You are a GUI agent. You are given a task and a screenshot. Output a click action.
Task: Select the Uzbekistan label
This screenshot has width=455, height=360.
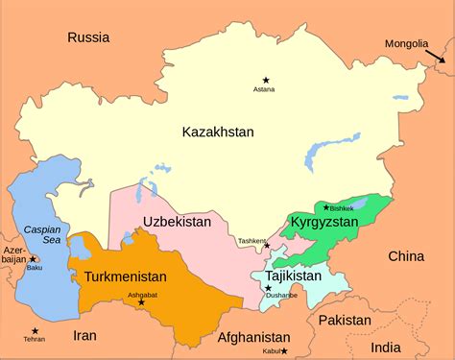coord(177,222)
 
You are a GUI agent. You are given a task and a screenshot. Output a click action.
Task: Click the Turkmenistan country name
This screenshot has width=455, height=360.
coord(126,276)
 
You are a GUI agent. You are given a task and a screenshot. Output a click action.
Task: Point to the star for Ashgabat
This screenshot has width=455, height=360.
coord(141,302)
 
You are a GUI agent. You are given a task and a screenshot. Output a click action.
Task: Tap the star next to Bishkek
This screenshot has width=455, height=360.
coord(326,207)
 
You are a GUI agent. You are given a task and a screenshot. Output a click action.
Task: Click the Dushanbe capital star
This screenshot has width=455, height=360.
coord(268,288)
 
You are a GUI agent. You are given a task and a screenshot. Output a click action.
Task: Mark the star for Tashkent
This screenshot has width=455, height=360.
coord(267,246)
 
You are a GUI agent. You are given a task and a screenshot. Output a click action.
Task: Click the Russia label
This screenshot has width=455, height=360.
coord(88,37)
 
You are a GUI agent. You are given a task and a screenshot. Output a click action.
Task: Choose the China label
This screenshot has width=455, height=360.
coord(405,255)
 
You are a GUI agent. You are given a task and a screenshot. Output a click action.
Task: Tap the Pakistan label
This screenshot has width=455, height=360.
coord(344,319)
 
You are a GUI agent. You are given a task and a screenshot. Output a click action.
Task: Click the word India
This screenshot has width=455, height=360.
coord(387,347)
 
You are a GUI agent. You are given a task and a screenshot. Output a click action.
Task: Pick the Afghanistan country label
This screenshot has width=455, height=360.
coord(253,337)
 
